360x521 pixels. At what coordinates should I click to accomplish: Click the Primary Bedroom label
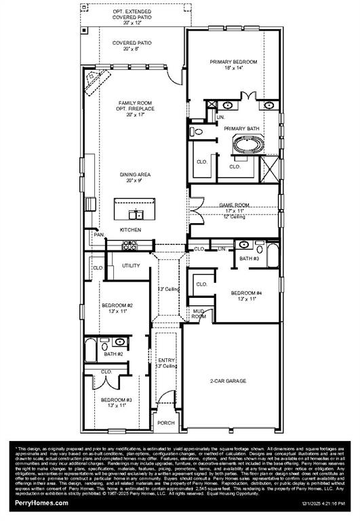pos(233,62)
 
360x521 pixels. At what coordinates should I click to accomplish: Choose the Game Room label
pos(233,204)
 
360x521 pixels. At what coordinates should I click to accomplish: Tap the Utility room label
pos(131,265)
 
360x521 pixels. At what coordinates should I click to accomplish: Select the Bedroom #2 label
pos(116,306)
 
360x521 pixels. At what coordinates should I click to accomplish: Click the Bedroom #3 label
pos(116,400)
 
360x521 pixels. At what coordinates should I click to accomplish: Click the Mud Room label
pos(199,313)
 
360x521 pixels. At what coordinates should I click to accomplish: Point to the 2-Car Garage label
pos(229,382)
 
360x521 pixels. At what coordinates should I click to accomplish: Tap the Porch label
pos(165,423)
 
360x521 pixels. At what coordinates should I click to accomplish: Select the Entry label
pos(166,360)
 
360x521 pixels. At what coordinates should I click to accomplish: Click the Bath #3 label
pos(249,258)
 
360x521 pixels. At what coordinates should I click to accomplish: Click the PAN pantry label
pos(98,235)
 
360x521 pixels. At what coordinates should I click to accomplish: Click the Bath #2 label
pos(113,353)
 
